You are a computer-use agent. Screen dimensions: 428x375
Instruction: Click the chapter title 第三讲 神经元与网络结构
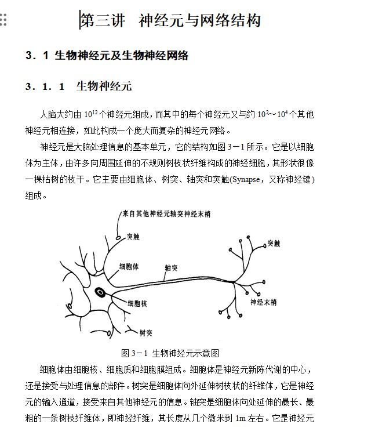pyautogui.click(x=171, y=21)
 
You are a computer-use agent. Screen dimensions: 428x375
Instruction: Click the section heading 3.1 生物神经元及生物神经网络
pyautogui.click(x=107, y=56)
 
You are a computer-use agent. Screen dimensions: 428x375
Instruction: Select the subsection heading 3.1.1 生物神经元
pyautogui.click(x=79, y=87)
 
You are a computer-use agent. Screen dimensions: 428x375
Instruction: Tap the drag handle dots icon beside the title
pyautogui.click(x=3, y=21)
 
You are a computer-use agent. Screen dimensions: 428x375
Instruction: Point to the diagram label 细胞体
pyautogui.click(x=128, y=266)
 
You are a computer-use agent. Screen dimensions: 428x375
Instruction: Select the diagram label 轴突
pyautogui.click(x=170, y=267)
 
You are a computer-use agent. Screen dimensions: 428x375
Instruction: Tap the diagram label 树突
pyautogui.click(x=145, y=333)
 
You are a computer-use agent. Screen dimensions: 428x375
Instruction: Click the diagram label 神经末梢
pyautogui.click(x=263, y=302)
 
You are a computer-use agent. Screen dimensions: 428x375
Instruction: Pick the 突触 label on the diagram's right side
pyautogui.click(x=274, y=243)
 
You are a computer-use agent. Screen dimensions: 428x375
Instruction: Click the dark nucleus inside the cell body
pyautogui.click(x=101, y=292)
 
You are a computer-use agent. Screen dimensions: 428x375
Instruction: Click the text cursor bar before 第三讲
pyautogui.click(x=80, y=21)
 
